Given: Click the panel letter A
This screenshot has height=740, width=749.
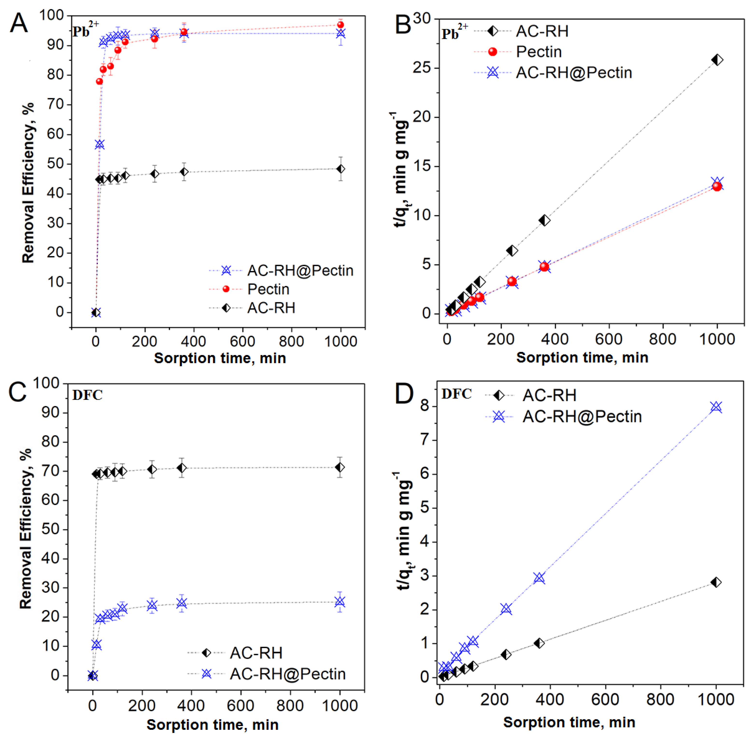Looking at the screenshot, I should click(19, 23).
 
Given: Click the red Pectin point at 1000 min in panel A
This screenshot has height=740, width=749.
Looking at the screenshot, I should click(340, 25).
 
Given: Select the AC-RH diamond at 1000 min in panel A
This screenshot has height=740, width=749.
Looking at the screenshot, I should click(340, 169).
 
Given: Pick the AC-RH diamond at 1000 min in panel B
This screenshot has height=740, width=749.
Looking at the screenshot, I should click(717, 60).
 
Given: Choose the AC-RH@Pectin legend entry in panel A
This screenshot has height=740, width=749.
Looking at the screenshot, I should click(300, 270).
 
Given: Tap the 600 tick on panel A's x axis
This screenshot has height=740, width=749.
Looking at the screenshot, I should click(243, 341).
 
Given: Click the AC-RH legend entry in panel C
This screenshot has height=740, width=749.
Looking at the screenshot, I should click(256, 653).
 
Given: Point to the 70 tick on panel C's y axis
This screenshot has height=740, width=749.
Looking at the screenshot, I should click(50, 471).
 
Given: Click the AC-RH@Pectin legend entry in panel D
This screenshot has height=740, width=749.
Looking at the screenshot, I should click(582, 417).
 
